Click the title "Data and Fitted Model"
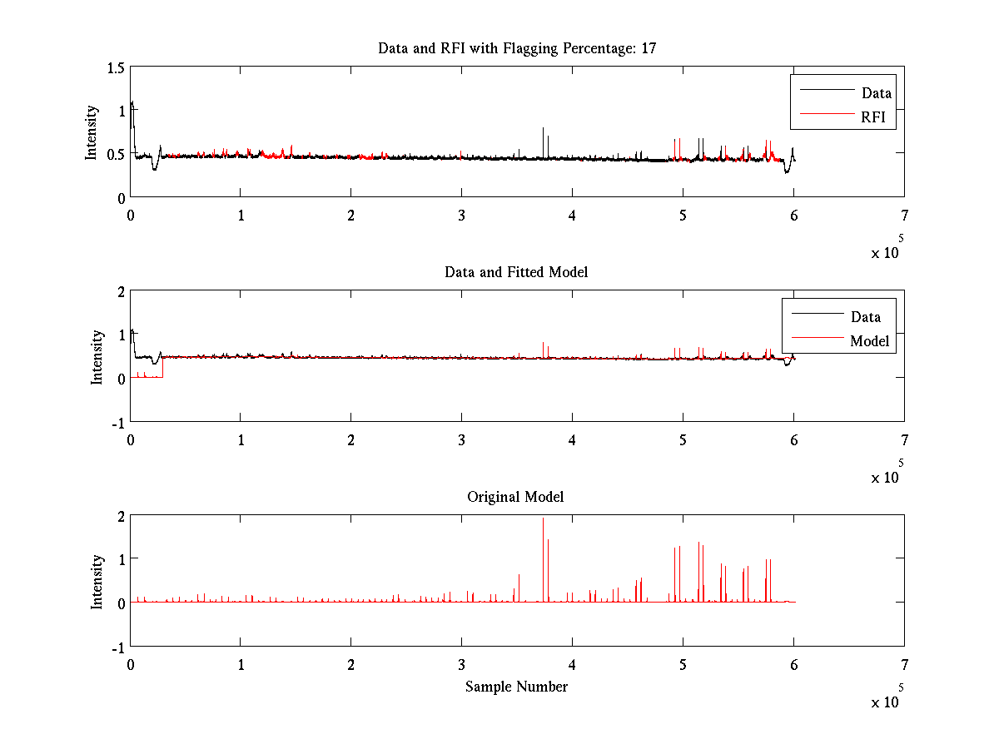tap(516, 272)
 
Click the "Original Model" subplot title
tap(515, 497)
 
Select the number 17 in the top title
tap(649, 48)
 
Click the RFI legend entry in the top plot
tap(878, 118)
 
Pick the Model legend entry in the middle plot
tap(869, 340)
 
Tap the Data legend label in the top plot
tap(876, 93)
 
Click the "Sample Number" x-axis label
tap(516, 687)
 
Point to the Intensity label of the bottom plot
tap(97, 581)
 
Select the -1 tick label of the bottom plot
tap(117, 647)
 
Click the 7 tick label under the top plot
tap(904, 215)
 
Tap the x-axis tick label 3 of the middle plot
tap(461, 439)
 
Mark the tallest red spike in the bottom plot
tap(544, 519)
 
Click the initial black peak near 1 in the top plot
tap(132, 103)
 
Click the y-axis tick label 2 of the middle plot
tap(120, 291)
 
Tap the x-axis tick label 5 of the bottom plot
tap(683, 663)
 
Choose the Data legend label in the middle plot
tap(866, 316)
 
